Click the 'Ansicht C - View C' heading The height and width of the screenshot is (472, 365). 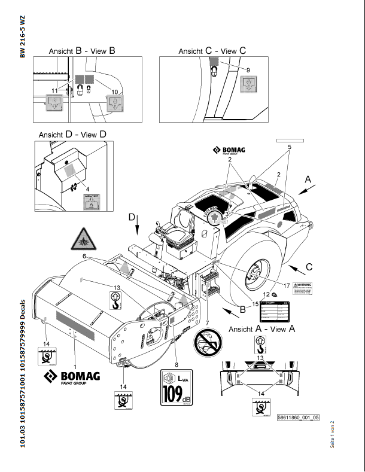(x=212, y=51)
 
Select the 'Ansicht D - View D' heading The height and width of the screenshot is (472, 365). (x=72, y=135)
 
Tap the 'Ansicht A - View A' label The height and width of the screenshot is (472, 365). (x=262, y=328)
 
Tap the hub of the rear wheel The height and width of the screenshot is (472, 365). (x=256, y=275)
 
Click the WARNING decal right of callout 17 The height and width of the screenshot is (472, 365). (x=303, y=288)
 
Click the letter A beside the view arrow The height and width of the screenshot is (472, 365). (x=308, y=178)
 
